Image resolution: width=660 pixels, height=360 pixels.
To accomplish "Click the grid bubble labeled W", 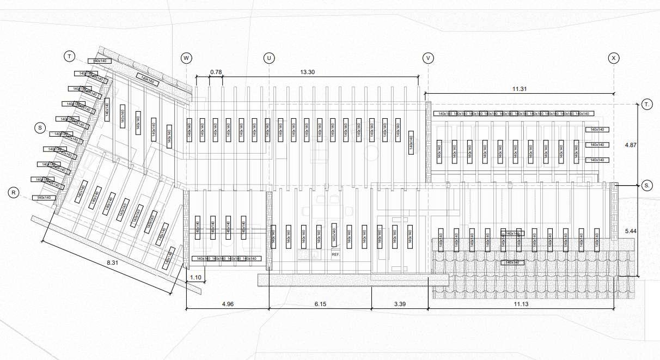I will (187, 57).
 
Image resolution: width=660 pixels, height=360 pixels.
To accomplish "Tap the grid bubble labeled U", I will (268, 57).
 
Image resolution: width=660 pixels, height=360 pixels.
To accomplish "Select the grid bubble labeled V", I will (429, 57).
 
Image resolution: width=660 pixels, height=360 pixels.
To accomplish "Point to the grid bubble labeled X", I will (614, 57).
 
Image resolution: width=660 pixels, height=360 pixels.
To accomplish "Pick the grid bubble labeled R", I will (14, 192).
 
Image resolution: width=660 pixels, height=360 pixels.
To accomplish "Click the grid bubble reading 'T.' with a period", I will (647, 104).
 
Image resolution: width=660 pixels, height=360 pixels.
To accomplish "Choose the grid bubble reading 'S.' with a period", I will (647, 186).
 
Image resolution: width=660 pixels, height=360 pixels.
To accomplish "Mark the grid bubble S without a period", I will (39, 128).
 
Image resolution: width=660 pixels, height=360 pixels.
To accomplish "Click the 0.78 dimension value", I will (216, 72).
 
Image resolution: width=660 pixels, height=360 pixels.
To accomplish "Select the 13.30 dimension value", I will (308, 72).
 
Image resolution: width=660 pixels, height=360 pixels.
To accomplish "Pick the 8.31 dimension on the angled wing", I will (113, 263).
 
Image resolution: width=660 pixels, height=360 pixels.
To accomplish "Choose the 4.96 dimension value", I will (227, 304).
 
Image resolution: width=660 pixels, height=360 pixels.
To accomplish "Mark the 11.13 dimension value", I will (521, 304).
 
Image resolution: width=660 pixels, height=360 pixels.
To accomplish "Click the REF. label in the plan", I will (335, 254).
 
